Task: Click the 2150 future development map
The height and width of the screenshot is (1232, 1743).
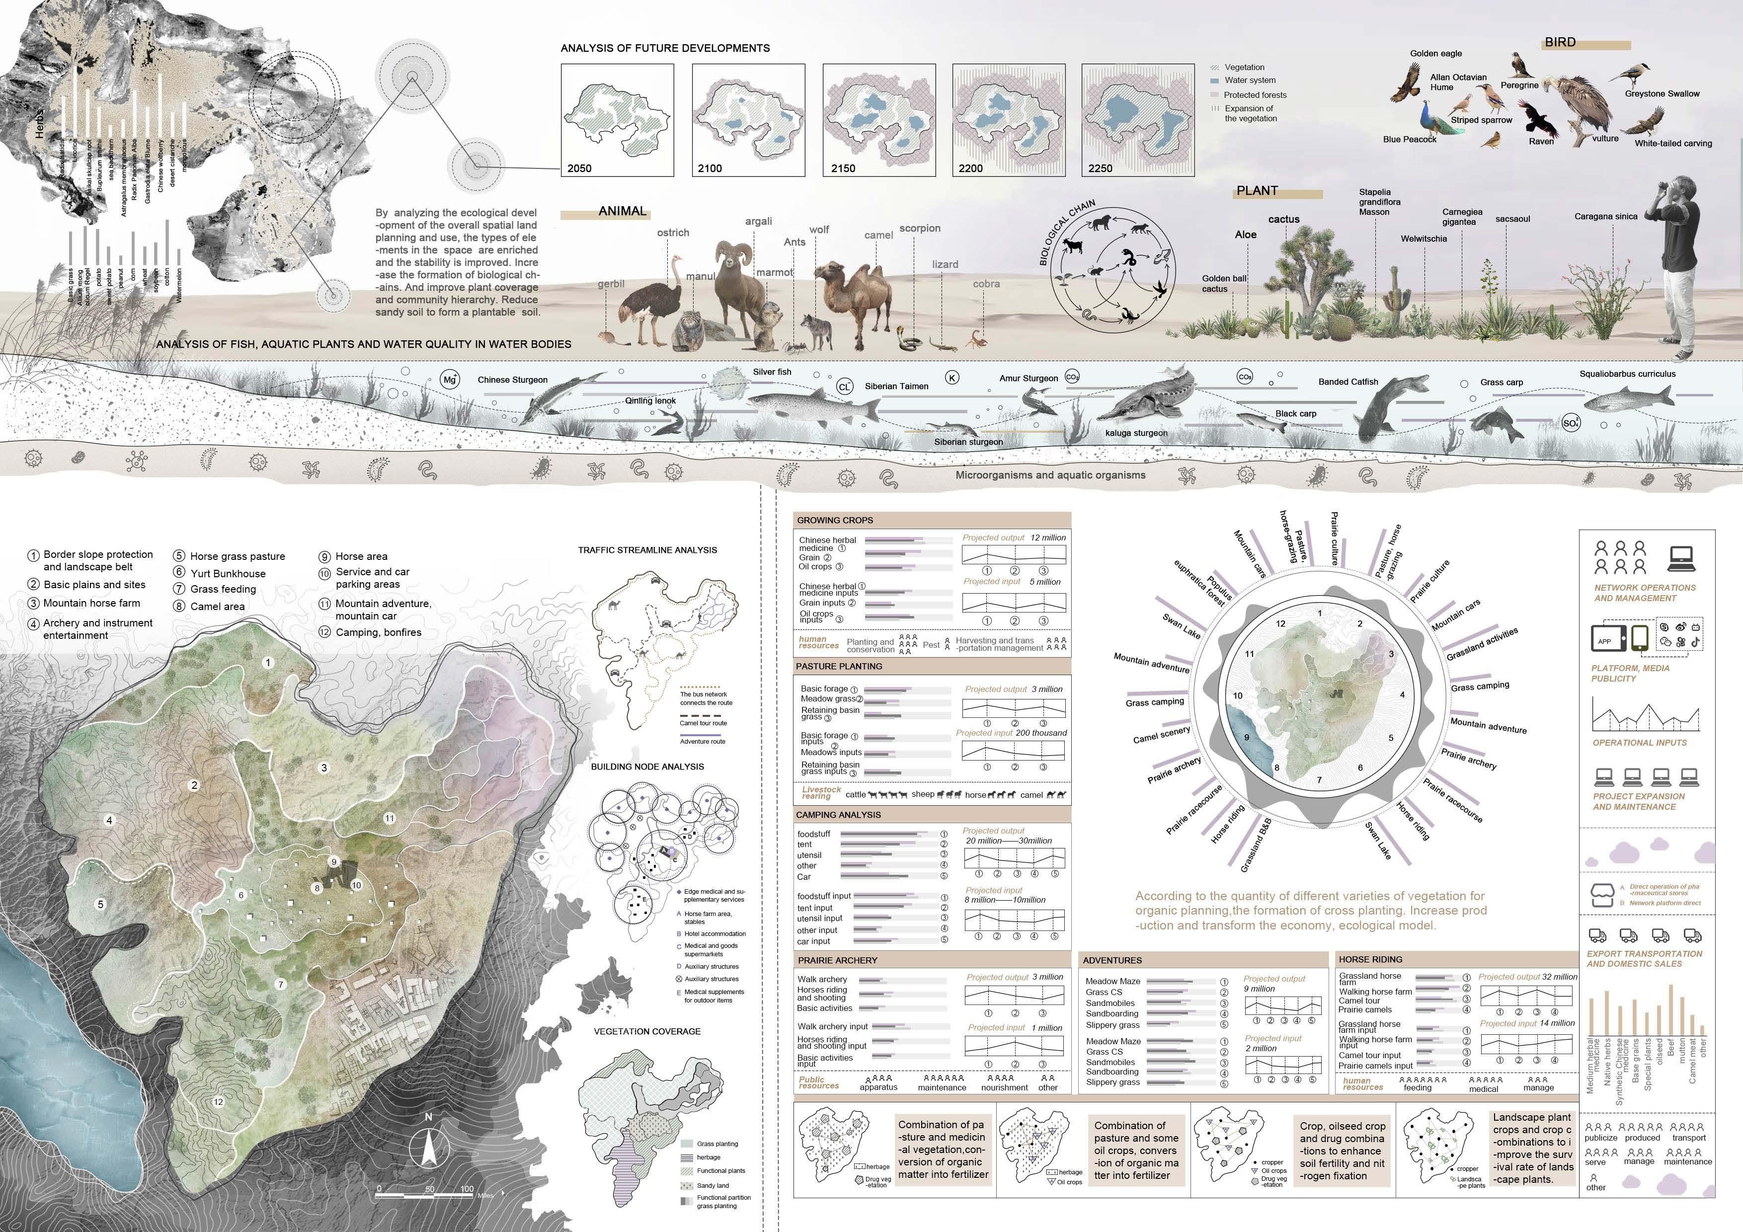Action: click(879, 119)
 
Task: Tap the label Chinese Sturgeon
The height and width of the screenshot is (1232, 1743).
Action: click(512, 380)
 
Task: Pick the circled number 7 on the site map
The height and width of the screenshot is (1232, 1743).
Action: click(280, 985)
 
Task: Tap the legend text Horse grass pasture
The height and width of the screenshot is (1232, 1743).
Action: click(238, 556)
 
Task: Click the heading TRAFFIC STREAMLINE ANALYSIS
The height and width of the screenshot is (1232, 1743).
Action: click(647, 549)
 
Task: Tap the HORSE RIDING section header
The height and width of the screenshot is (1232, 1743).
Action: click(1370, 959)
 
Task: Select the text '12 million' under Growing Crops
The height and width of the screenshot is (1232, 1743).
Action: click(1047, 538)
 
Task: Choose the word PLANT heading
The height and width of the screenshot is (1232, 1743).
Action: click(1257, 191)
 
